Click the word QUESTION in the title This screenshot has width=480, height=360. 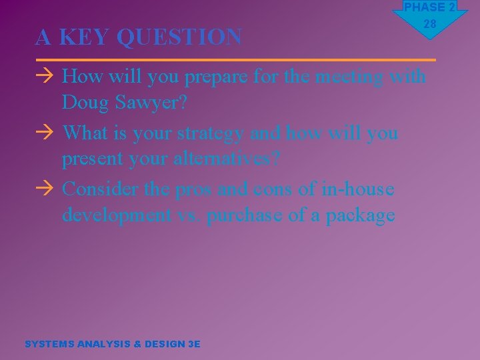(179, 37)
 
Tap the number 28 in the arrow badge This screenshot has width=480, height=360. (430, 24)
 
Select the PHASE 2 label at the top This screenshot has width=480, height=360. (430, 7)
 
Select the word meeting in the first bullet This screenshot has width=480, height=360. (350, 77)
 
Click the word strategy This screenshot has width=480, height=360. (211, 133)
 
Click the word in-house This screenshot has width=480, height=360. (357, 189)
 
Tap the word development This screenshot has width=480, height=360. (117, 215)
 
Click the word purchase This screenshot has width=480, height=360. (251, 215)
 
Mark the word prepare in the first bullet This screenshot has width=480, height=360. (217, 77)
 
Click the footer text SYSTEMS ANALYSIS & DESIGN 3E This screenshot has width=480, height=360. (112, 344)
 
